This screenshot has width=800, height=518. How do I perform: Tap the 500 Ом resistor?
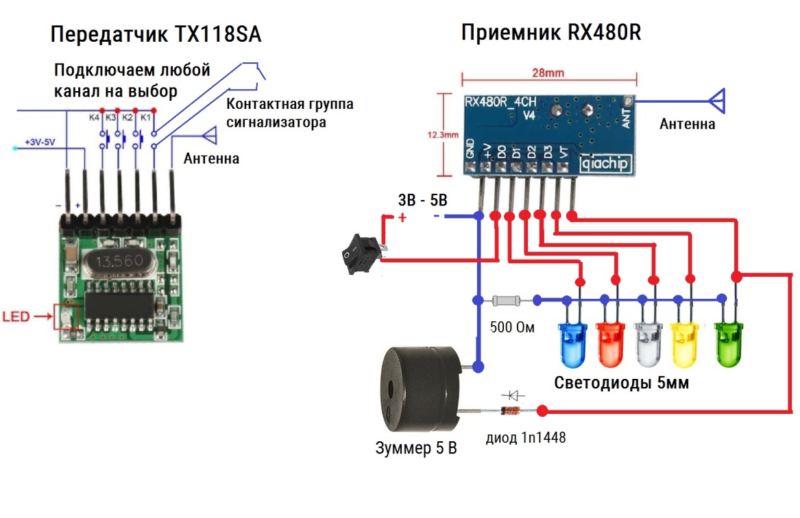point(507,300)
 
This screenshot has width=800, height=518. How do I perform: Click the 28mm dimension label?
point(549,71)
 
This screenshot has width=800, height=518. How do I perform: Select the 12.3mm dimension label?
point(442,135)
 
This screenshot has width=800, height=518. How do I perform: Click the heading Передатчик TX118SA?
point(157,35)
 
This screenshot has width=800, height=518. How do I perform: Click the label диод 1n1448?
point(526,437)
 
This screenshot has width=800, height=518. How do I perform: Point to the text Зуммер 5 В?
point(415,449)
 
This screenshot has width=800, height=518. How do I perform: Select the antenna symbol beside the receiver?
point(717,101)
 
